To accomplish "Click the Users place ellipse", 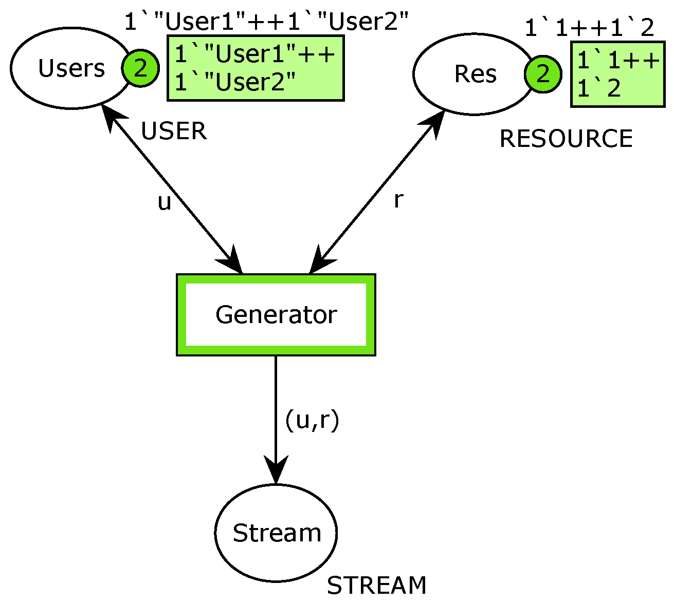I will [67, 68].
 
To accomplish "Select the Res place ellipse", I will [470, 74].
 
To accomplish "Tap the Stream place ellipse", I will [276, 533].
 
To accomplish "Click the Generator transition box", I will [276, 314].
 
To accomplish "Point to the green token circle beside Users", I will [140, 68].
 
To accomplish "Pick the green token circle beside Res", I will [543, 74].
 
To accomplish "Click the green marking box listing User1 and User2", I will [255, 68].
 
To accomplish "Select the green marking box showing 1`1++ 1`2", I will [617, 74].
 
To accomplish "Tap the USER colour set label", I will [174, 131].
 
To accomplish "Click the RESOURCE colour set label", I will [566, 139].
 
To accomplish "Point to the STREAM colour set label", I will [376, 586].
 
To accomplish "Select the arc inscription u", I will [164, 203].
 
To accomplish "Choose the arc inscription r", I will [397, 200].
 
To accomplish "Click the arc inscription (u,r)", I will [312, 420].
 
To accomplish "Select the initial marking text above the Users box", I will [266, 22].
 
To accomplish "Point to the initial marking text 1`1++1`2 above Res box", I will [589, 28].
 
